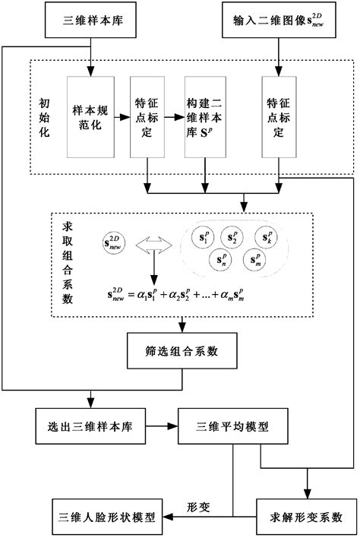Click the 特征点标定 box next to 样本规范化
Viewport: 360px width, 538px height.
point(147,115)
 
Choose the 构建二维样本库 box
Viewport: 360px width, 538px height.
point(203,115)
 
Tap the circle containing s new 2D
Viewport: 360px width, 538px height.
point(112,245)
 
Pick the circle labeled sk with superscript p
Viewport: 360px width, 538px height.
point(269,237)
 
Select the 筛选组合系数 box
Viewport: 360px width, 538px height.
point(179,352)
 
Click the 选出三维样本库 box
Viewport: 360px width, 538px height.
point(90,427)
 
